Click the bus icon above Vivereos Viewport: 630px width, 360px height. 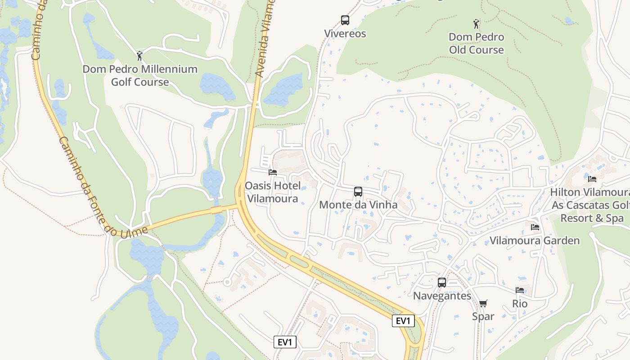(x=345, y=20)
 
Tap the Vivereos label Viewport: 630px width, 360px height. (x=345, y=34)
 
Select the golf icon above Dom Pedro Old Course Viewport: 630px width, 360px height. (x=476, y=23)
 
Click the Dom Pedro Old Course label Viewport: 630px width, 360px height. (x=476, y=43)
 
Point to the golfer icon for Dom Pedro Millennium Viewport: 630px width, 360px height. (x=139, y=56)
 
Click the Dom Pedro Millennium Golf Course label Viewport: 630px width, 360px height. (x=140, y=76)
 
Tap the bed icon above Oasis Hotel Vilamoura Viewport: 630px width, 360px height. (x=272, y=172)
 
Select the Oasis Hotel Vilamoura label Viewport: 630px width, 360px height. (x=272, y=192)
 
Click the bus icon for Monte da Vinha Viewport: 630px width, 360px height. (x=358, y=192)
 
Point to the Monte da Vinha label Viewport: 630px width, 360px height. (x=358, y=205)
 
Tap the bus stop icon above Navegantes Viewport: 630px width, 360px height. (x=442, y=283)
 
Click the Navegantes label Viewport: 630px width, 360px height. (x=442, y=296)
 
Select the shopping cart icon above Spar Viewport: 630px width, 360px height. (x=483, y=303)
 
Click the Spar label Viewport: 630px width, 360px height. (x=483, y=316)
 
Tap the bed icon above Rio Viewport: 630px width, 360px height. (x=520, y=290)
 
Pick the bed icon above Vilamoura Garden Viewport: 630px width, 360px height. (x=535, y=227)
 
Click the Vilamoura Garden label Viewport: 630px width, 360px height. (x=535, y=241)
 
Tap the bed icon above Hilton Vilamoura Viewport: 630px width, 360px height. (x=592, y=179)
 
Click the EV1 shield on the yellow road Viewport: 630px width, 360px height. (x=403, y=321)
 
